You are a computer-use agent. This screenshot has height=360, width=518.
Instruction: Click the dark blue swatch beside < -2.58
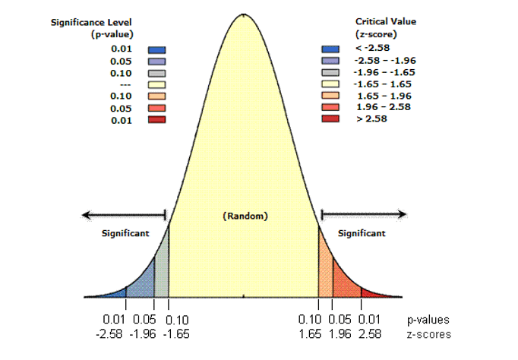click(x=330, y=49)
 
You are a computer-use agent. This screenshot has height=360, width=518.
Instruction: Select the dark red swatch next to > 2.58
click(x=330, y=118)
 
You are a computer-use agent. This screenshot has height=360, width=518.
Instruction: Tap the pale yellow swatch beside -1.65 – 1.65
click(x=330, y=84)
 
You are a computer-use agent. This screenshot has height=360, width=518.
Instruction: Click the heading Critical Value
click(x=386, y=21)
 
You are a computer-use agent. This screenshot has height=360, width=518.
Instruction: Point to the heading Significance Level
click(x=91, y=23)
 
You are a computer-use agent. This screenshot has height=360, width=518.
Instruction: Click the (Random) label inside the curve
click(x=245, y=216)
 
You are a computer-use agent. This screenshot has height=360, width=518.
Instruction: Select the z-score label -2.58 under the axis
click(x=109, y=334)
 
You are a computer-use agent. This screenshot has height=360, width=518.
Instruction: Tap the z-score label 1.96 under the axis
click(x=340, y=334)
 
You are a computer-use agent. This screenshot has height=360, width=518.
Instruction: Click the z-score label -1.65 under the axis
click(x=176, y=334)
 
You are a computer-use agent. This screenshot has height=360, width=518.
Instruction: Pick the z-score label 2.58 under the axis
click(x=370, y=334)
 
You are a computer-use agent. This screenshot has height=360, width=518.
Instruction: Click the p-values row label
click(x=428, y=320)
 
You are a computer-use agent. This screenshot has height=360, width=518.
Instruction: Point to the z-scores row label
click(x=429, y=334)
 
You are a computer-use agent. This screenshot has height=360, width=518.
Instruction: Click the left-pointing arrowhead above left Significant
click(x=87, y=216)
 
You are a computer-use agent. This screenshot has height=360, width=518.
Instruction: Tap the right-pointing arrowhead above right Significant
click(x=402, y=214)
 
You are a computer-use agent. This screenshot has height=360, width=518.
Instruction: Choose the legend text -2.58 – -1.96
click(x=385, y=61)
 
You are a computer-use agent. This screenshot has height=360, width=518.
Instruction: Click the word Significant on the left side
click(x=125, y=233)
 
